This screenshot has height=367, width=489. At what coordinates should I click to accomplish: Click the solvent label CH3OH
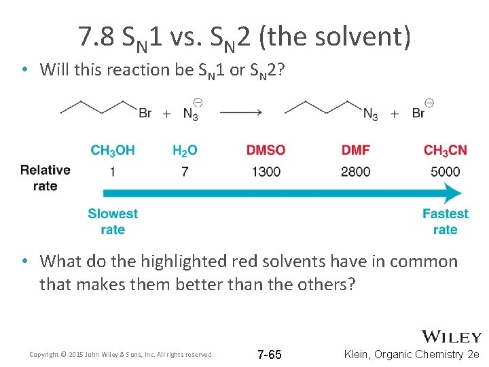tap(113, 150)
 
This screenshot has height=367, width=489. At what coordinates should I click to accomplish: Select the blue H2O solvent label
tap(185, 150)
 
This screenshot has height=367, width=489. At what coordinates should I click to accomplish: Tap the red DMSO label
tap(266, 150)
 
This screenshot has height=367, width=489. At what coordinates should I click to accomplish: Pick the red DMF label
tap(355, 150)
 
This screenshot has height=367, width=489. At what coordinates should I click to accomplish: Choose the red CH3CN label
tap(445, 150)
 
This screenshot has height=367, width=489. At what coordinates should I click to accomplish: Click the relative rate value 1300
tap(266, 171)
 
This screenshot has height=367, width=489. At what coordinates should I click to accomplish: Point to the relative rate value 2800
tap(355, 171)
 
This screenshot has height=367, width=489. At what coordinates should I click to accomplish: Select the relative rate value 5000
tap(445, 171)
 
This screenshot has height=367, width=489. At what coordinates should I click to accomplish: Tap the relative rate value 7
tap(185, 171)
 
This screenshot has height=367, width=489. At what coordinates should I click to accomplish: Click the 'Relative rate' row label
tap(45, 177)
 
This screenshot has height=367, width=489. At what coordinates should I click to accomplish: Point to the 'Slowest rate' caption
tap(113, 222)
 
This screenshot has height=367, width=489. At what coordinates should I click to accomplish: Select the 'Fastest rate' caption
tap(445, 222)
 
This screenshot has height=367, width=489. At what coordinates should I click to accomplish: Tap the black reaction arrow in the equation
tap(240, 113)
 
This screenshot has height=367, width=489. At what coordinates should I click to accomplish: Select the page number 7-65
tap(270, 355)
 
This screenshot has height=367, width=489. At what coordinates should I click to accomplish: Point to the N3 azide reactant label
tap(192, 112)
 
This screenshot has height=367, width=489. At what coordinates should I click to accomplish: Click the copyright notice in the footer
tap(122, 355)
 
